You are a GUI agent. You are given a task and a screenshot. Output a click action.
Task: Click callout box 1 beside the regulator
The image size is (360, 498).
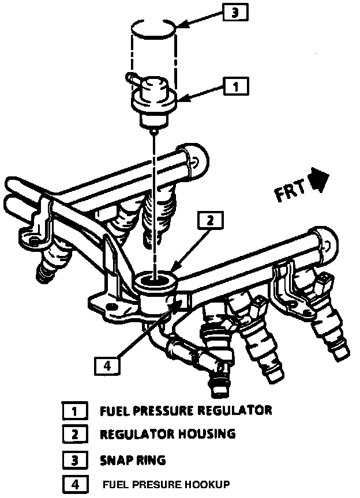click(235, 87)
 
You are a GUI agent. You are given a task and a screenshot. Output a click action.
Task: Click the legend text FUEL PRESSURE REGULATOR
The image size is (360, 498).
click(185, 411)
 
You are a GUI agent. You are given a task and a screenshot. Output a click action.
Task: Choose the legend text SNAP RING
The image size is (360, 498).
click(132, 460)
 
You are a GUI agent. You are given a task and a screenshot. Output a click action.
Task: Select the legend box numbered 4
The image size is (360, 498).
click(74, 484)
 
